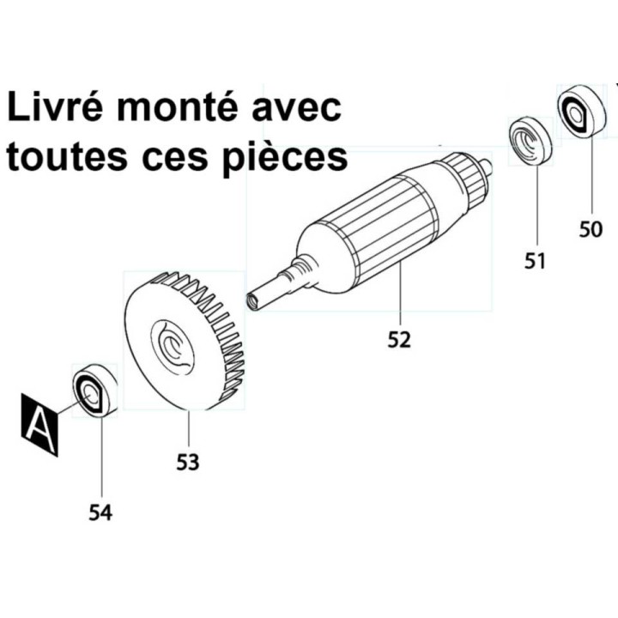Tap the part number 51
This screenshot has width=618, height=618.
[536, 261]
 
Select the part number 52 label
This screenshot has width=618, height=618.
[399, 340]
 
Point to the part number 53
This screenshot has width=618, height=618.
[188, 462]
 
